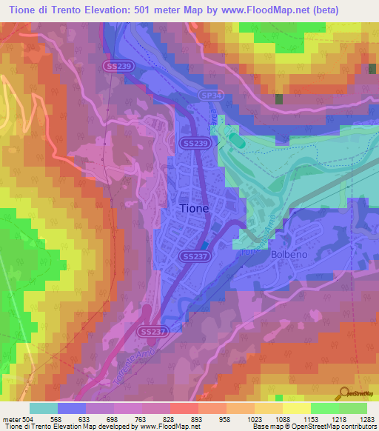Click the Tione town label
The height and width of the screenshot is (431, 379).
tap(194, 208)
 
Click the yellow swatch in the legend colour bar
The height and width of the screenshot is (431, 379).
tap(296, 408)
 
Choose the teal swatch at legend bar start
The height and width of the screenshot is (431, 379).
tap(44, 408)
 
